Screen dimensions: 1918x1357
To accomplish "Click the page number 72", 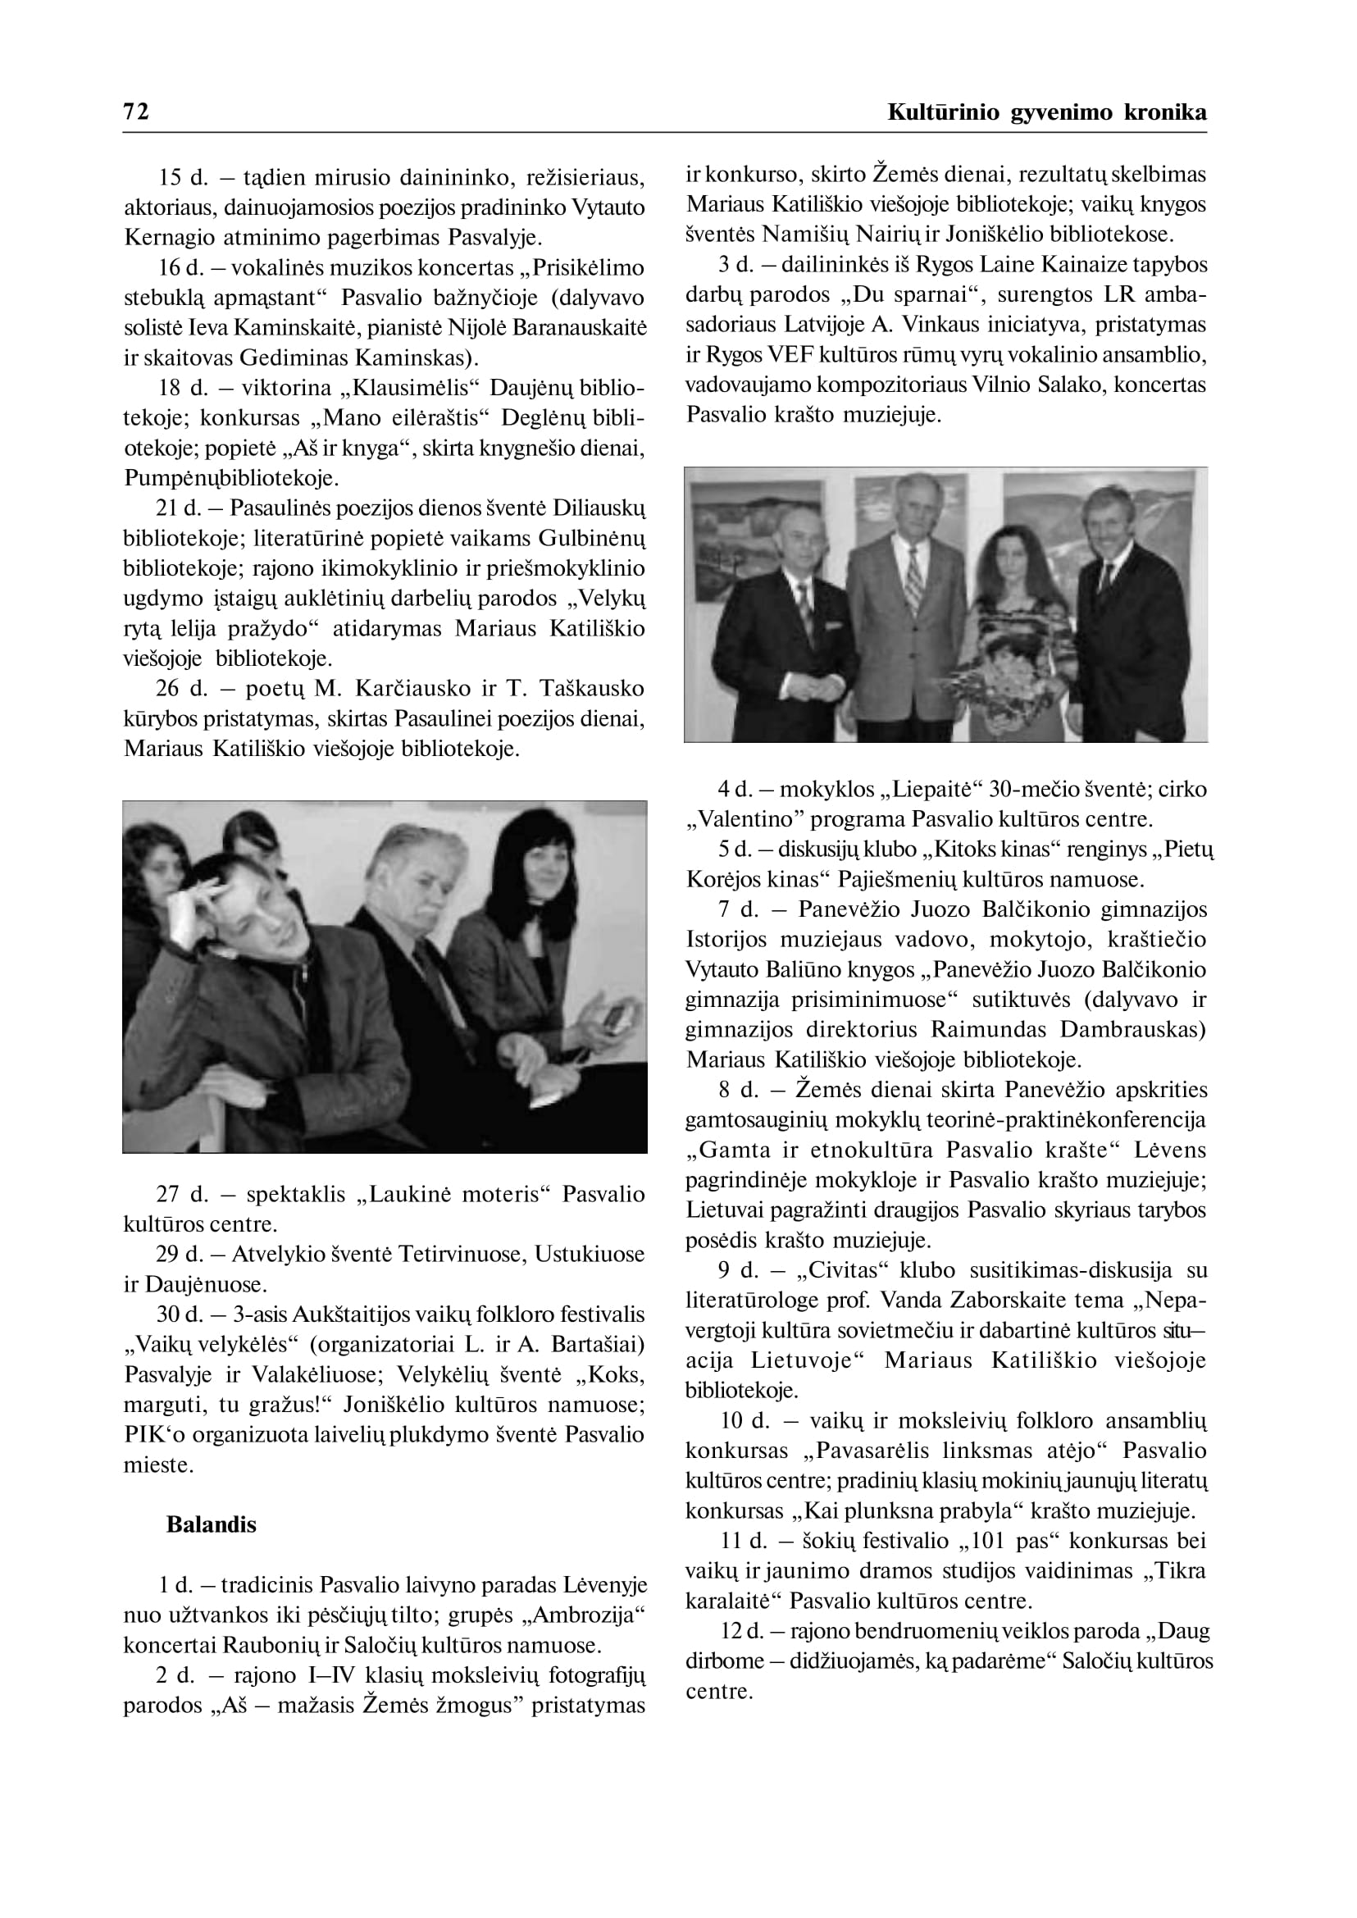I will point(136,112).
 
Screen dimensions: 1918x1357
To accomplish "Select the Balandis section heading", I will point(212,1524).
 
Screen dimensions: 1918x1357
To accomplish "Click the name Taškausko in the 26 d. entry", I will point(592,689).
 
